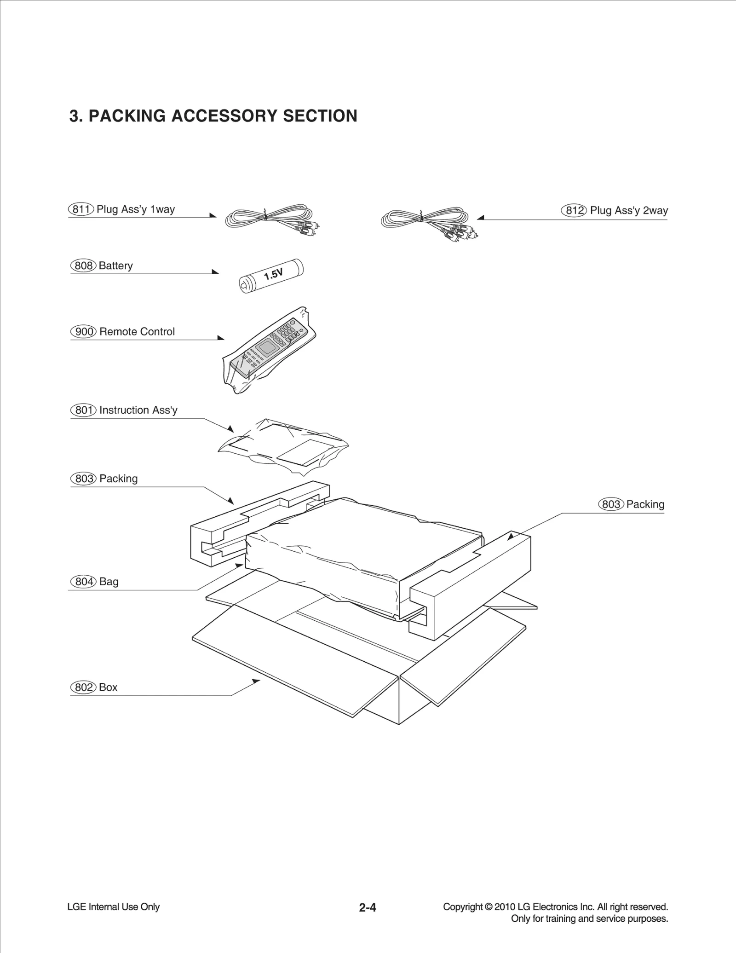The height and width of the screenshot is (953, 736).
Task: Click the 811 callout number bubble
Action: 81,209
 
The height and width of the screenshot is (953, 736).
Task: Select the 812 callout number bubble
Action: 574,211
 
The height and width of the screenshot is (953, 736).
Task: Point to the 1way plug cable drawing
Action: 271,219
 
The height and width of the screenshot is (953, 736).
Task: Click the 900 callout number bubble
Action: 83,332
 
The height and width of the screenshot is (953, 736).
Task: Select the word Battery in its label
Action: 115,266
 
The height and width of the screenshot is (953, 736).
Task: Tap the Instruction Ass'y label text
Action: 138,410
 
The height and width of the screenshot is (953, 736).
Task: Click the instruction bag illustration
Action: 283,446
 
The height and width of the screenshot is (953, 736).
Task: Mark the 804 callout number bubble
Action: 83,582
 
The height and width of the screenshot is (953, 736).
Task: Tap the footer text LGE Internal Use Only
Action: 113,907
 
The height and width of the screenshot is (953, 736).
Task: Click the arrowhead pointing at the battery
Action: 215,272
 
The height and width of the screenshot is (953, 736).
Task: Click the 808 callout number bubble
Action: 83,266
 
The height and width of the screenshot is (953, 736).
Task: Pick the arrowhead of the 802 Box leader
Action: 256,681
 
